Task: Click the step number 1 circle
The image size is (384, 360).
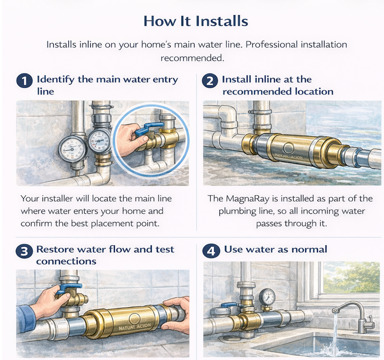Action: click(x=25, y=81)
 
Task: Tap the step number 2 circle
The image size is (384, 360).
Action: click(x=210, y=81)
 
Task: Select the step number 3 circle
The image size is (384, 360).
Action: click(x=24, y=251)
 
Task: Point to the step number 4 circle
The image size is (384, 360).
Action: click(x=211, y=251)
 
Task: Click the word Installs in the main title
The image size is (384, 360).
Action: click(x=222, y=21)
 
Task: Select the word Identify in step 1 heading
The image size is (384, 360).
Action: click(x=55, y=80)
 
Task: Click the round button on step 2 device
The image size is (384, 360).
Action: click(x=289, y=148)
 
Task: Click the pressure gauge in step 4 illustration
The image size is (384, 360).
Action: click(x=267, y=297)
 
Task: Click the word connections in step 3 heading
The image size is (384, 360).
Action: click(x=66, y=261)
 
